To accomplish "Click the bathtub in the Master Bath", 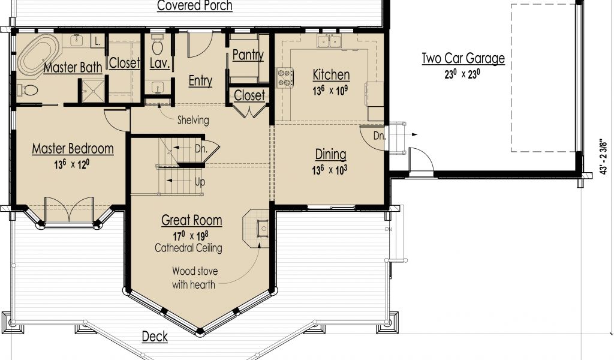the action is pyautogui.click(x=38, y=55).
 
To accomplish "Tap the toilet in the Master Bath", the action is pyautogui.click(x=28, y=91).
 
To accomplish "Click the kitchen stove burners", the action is pyautogui.click(x=285, y=77).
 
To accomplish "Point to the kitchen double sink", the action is pyautogui.click(x=329, y=40).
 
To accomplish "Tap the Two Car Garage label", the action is pyautogui.click(x=463, y=58).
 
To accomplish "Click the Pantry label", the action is pyautogui.click(x=248, y=55).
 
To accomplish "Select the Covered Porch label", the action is pyautogui.click(x=195, y=5).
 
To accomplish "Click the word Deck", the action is pyautogui.click(x=155, y=336).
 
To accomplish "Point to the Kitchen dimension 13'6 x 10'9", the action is pyautogui.click(x=330, y=91).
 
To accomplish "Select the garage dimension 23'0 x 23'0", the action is pyautogui.click(x=462, y=74).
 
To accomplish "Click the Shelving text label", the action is pyautogui.click(x=193, y=120).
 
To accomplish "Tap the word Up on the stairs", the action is pyautogui.click(x=200, y=182).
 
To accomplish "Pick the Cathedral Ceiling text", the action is pyautogui.click(x=188, y=248).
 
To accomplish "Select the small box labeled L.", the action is pyautogui.click(x=98, y=41).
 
